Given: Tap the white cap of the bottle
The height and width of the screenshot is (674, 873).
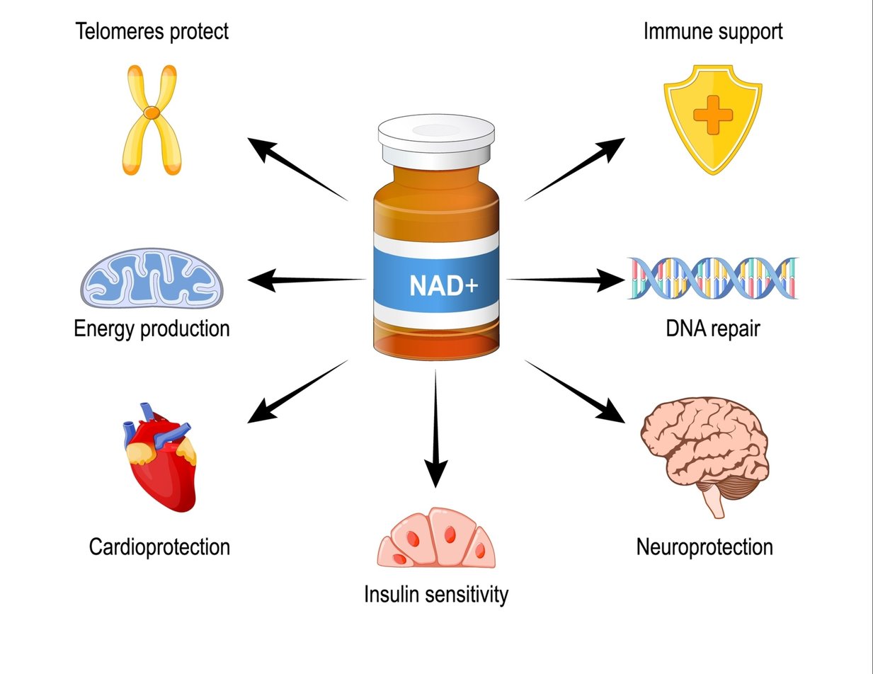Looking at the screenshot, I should [435, 139].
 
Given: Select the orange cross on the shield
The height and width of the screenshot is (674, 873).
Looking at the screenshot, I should [713, 115].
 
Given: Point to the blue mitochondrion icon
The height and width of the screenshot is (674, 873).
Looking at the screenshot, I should [152, 278].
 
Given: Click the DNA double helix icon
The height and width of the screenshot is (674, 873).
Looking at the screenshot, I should [712, 278].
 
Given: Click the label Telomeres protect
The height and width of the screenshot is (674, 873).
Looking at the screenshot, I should [152, 31].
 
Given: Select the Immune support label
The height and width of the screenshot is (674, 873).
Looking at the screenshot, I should [713, 31].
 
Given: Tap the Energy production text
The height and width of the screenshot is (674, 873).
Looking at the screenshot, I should [152, 329].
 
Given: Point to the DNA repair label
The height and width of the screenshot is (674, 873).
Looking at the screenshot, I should [713, 329].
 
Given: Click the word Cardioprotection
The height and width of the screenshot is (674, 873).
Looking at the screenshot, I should [159, 547].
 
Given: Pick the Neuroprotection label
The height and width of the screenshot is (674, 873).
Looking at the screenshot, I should [704, 547].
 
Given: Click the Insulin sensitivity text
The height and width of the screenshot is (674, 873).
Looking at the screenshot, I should [436, 594].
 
